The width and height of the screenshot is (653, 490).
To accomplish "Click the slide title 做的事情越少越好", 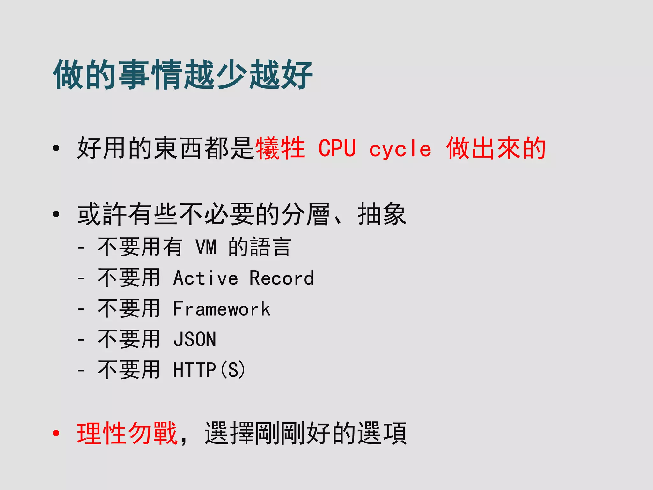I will [183, 75].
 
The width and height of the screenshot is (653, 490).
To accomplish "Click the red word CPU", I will [337, 148].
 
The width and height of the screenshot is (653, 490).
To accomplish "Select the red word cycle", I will [400, 149].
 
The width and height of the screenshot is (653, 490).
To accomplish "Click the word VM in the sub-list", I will [206, 247].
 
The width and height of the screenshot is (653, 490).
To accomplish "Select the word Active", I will [206, 278].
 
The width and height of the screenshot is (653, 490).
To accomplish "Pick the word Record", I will [282, 278].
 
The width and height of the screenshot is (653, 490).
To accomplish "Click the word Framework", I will [222, 309].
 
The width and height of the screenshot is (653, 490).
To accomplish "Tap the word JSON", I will [195, 339].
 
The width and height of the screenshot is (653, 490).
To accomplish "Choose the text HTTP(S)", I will [209, 370].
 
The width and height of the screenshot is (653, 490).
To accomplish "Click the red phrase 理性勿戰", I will [127, 433].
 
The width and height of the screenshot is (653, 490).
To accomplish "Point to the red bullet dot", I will [56, 433].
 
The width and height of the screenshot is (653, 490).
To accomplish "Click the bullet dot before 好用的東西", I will [56, 148].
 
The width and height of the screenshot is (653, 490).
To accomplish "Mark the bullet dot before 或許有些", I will [56, 214].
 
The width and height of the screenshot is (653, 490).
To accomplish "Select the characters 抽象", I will [382, 214].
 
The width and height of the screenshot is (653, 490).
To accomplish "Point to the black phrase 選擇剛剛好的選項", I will [305, 433].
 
